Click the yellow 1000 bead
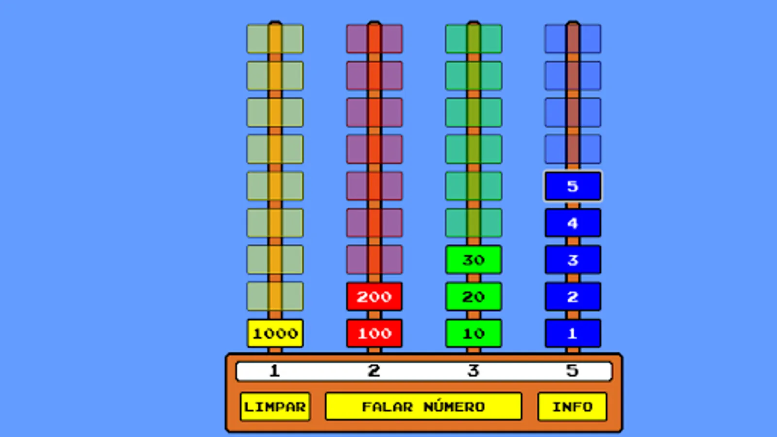(275, 333)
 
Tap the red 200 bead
(374, 297)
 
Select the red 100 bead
(374, 333)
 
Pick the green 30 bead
(473, 260)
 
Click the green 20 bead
(473, 297)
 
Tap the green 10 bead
(473, 333)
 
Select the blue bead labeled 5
(573, 186)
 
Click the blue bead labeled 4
(573, 223)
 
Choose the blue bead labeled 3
(573, 260)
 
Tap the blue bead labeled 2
(573, 297)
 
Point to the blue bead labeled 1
(573, 333)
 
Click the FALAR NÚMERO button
(423, 406)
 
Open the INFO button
(573, 406)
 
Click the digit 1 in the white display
(274, 371)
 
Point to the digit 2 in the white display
(374, 371)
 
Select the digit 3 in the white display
(473, 371)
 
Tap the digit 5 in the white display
(573, 371)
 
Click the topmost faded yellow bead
(275, 39)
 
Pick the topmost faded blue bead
(573, 39)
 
